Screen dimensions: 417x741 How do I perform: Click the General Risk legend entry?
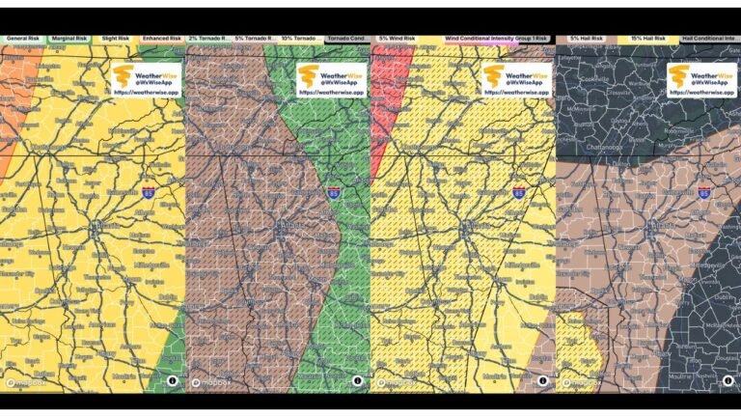[x=23, y=39]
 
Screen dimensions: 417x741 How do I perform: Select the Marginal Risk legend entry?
[x=69, y=39]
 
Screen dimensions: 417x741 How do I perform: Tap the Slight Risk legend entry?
[x=115, y=39]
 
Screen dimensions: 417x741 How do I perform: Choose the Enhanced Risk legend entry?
[x=161, y=39]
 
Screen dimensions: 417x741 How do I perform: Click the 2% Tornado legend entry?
[x=208, y=39]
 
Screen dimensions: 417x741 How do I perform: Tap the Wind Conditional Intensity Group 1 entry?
[x=496, y=39]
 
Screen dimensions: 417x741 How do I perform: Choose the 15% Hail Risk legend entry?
[x=648, y=39]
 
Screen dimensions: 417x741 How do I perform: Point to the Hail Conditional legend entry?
[x=709, y=39]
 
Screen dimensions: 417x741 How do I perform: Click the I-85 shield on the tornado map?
[x=333, y=193]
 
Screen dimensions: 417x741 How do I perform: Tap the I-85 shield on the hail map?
[x=703, y=193]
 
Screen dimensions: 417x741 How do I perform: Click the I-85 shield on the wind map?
[x=518, y=193]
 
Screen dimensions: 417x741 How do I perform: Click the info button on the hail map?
[x=727, y=380]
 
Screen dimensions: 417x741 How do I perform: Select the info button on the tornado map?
[x=356, y=380]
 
